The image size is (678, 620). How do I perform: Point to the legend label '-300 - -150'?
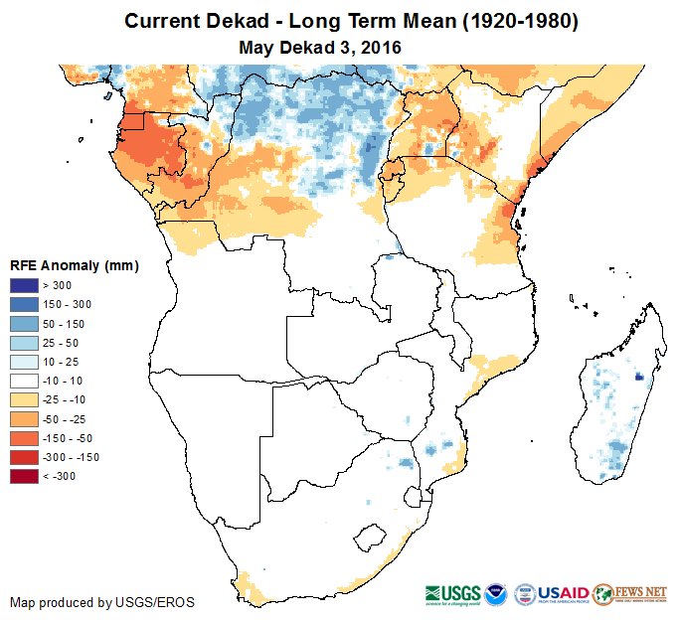coord(71,457)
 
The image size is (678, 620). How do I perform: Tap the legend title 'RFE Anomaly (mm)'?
coord(74,265)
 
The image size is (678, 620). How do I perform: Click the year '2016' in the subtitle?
coord(380,47)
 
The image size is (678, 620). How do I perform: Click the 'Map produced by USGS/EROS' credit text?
coord(101,602)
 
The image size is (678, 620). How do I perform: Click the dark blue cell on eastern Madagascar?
coord(637,376)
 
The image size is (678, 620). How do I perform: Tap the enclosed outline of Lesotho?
coord(372,539)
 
